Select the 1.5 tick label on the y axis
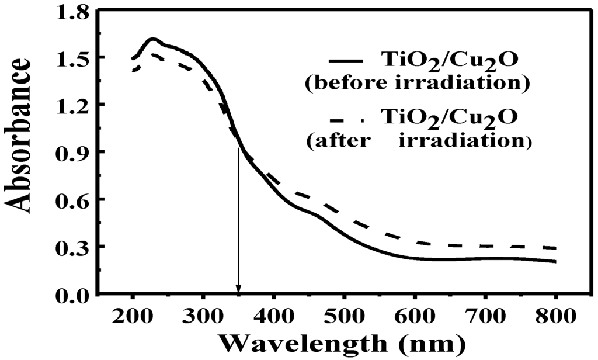click(72, 58)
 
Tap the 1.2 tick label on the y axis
click(72, 105)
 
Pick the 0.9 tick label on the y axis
click(72, 153)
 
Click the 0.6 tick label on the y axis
click(72, 200)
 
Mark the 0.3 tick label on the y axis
click(72, 247)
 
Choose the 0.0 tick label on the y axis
click(72, 295)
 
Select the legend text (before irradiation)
click(417, 84)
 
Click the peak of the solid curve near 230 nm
click(153, 39)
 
